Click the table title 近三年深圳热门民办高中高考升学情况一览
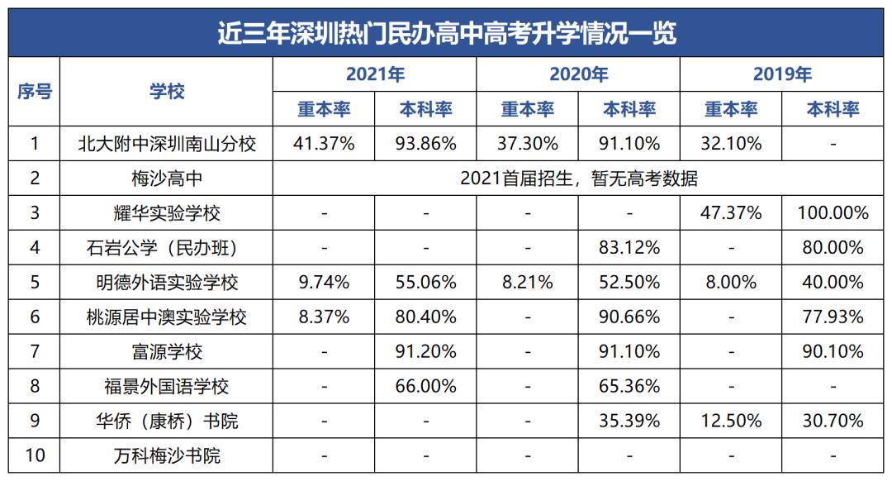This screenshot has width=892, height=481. click(446, 33)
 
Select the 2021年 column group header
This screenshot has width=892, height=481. click(375, 74)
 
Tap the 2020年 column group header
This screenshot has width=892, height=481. click(578, 74)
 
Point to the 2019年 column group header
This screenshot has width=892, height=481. click(782, 74)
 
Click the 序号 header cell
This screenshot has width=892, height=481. click(35, 92)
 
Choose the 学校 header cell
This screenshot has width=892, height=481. click(167, 92)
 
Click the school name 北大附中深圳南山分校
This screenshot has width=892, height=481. click(167, 144)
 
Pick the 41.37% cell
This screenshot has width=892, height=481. click(324, 144)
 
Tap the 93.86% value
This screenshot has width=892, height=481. click(425, 144)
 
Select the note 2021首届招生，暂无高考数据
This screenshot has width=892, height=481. click(578, 179)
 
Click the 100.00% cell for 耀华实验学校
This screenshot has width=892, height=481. click(833, 213)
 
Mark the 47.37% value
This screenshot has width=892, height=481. click(731, 213)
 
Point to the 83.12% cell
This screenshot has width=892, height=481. click(629, 247)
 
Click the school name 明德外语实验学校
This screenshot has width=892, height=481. click(167, 283)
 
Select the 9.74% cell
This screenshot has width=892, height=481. click(324, 283)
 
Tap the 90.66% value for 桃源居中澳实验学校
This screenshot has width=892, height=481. click(629, 317)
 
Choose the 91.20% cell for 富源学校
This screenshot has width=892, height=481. click(425, 351)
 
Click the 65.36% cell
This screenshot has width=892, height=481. click(629, 386)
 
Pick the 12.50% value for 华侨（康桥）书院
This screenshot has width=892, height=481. click(731, 421)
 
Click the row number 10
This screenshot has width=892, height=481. click(35, 455)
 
